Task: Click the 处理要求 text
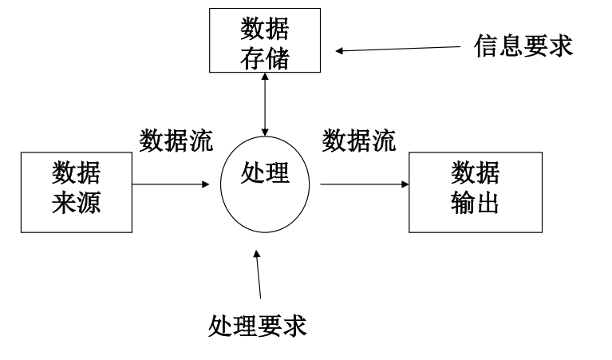(257, 325)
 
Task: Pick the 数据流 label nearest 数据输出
(359, 140)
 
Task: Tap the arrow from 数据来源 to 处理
(176, 184)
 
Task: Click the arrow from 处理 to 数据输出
(364, 184)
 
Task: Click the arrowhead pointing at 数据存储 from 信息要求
(341, 51)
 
